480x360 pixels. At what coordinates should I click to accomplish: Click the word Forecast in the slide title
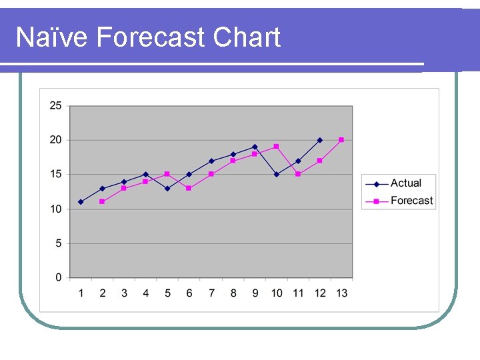151,37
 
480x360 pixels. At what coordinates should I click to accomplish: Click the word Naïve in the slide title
51,37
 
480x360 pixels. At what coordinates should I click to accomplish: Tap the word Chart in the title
247,37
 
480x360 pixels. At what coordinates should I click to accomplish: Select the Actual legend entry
405,183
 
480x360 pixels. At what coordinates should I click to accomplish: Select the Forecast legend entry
411,201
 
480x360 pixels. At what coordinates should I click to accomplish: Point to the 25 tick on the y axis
55,105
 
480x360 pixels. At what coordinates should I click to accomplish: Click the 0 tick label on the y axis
59,277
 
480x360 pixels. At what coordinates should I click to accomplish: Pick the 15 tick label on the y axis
55,174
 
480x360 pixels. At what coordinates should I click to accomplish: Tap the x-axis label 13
341,293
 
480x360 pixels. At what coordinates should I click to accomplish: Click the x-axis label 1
81,293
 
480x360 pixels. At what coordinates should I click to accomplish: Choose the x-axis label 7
211,293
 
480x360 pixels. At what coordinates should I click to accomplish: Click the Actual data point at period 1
81,202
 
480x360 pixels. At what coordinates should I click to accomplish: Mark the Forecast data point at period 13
341,140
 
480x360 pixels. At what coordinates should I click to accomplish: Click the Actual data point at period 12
320,140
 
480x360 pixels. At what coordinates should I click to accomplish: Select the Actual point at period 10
277,174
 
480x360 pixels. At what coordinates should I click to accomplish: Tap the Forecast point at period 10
277,147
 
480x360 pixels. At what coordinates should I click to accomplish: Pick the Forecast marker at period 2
102,202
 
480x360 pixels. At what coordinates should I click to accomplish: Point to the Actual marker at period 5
167,188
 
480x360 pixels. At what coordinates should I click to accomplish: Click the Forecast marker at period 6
189,188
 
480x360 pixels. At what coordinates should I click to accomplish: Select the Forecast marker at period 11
298,174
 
